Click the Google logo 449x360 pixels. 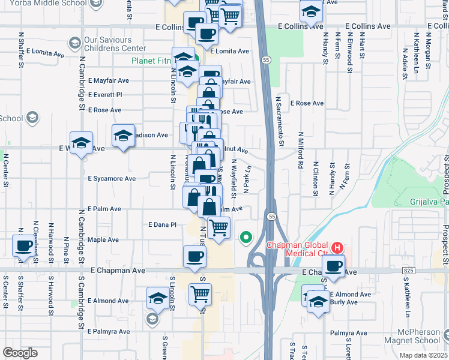[20, 353]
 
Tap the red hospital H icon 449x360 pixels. [337, 247]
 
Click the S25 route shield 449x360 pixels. [409, 271]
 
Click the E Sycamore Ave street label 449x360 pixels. [112, 179]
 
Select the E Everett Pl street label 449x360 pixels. [105, 95]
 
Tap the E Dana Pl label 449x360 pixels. [162, 224]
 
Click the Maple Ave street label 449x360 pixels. [103, 239]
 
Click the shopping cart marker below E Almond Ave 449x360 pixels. [200, 295]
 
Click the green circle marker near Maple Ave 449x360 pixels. [246, 238]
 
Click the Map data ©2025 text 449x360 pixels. [423, 355]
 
